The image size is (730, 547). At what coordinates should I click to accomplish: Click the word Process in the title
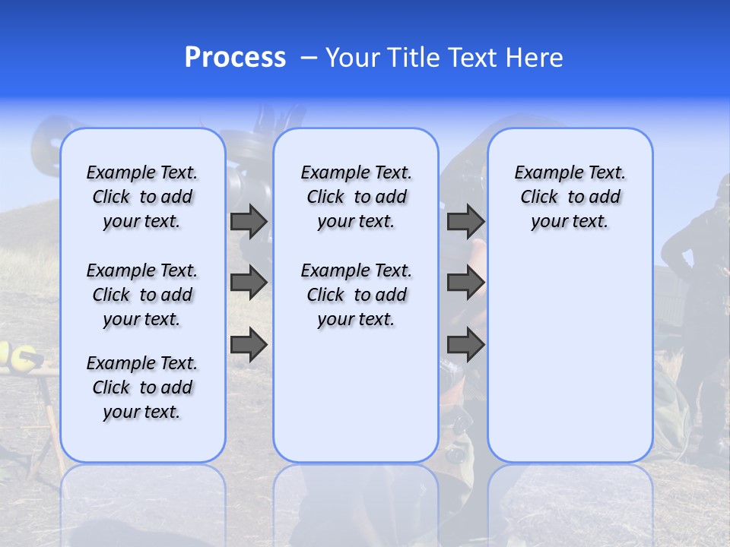pos(235,58)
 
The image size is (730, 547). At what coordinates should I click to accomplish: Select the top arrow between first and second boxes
pos(249,222)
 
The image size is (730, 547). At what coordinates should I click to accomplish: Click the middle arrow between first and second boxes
pos(249,283)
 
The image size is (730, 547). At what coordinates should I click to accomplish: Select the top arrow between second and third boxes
pos(465,222)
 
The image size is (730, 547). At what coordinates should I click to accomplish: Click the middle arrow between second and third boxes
pos(465,283)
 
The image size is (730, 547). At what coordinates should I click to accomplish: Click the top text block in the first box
pos(142,197)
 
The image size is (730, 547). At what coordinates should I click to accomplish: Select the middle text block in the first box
pos(142,295)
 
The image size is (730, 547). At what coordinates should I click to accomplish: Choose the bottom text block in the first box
pos(142,387)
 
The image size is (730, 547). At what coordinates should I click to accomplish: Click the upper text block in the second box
pos(356,197)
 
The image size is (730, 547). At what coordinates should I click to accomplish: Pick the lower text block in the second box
pos(356,295)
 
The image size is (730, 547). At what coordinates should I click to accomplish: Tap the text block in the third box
pos(570,197)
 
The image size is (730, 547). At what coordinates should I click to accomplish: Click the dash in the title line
pos(309,58)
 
